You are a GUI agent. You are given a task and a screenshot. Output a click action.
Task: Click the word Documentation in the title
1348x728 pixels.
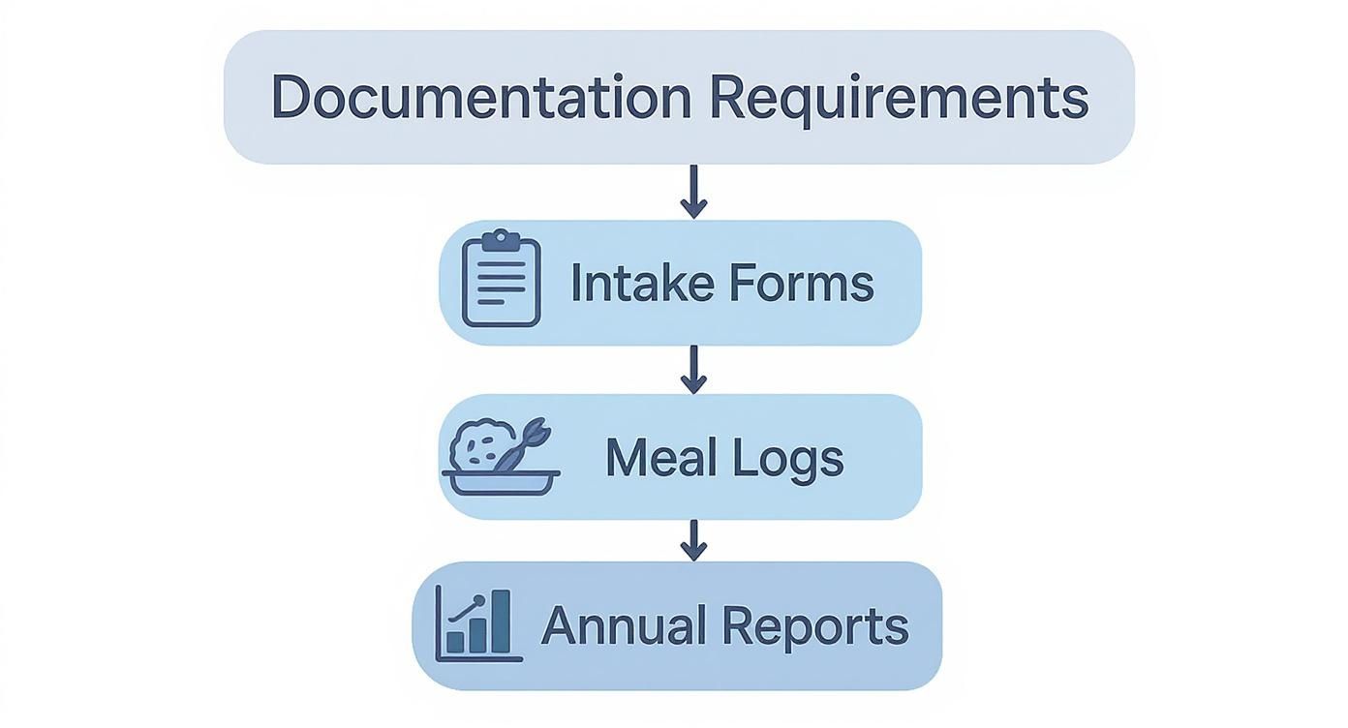480,97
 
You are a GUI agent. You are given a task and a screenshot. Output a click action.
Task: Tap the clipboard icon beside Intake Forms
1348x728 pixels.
501,280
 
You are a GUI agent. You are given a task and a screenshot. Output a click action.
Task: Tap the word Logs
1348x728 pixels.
788,459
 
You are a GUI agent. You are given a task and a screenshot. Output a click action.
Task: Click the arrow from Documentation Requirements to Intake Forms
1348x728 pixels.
693,192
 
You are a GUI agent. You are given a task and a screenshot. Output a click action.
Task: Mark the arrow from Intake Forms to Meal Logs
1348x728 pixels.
692,369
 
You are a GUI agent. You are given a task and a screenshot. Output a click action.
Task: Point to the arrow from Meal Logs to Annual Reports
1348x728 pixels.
692,539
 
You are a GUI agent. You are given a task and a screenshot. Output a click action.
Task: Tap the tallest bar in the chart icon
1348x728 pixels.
500,622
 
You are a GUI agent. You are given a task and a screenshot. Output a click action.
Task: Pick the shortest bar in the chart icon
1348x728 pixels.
455,643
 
